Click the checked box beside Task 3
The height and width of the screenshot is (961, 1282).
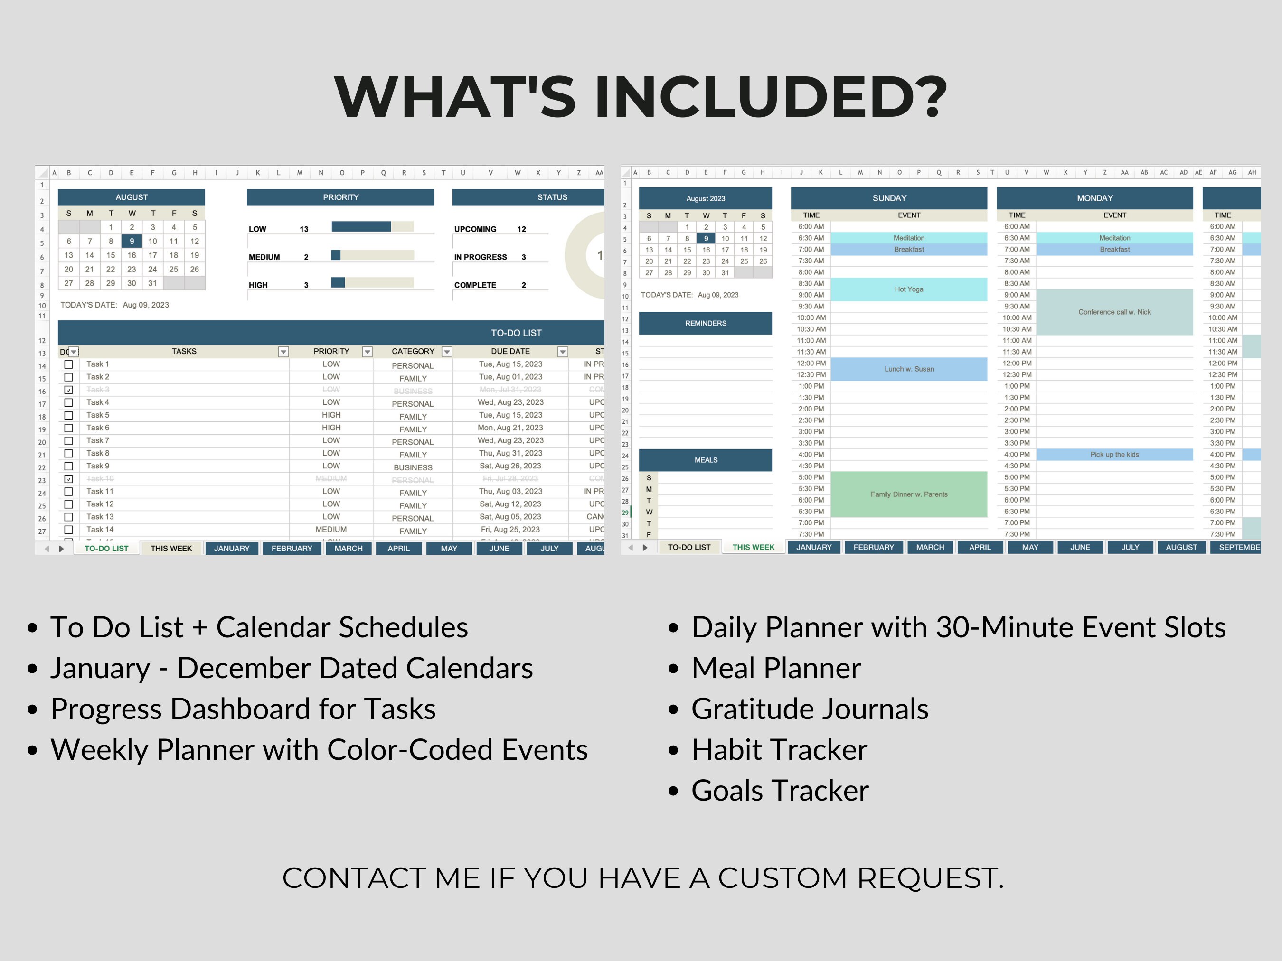(68, 390)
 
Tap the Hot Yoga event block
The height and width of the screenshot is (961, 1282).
(908, 289)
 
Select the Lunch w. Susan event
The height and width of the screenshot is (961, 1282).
(908, 369)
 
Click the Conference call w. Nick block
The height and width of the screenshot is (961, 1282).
(1114, 312)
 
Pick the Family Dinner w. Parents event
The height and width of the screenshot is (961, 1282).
(908, 494)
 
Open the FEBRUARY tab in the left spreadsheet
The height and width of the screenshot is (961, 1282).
(292, 548)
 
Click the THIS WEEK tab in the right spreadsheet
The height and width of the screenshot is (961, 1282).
(753, 547)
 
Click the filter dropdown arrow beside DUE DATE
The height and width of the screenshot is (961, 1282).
(562, 352)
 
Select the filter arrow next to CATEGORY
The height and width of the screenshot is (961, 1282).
(446, 352)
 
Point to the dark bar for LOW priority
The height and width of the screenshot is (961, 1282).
(360, 226)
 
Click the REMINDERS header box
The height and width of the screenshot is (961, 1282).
(705, 323)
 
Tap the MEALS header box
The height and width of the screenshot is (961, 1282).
(705, 460)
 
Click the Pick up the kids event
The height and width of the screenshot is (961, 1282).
(1114, 454)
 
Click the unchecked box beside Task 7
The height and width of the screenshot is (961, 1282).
(68, 441)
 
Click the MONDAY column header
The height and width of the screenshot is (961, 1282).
(1094, 198)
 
